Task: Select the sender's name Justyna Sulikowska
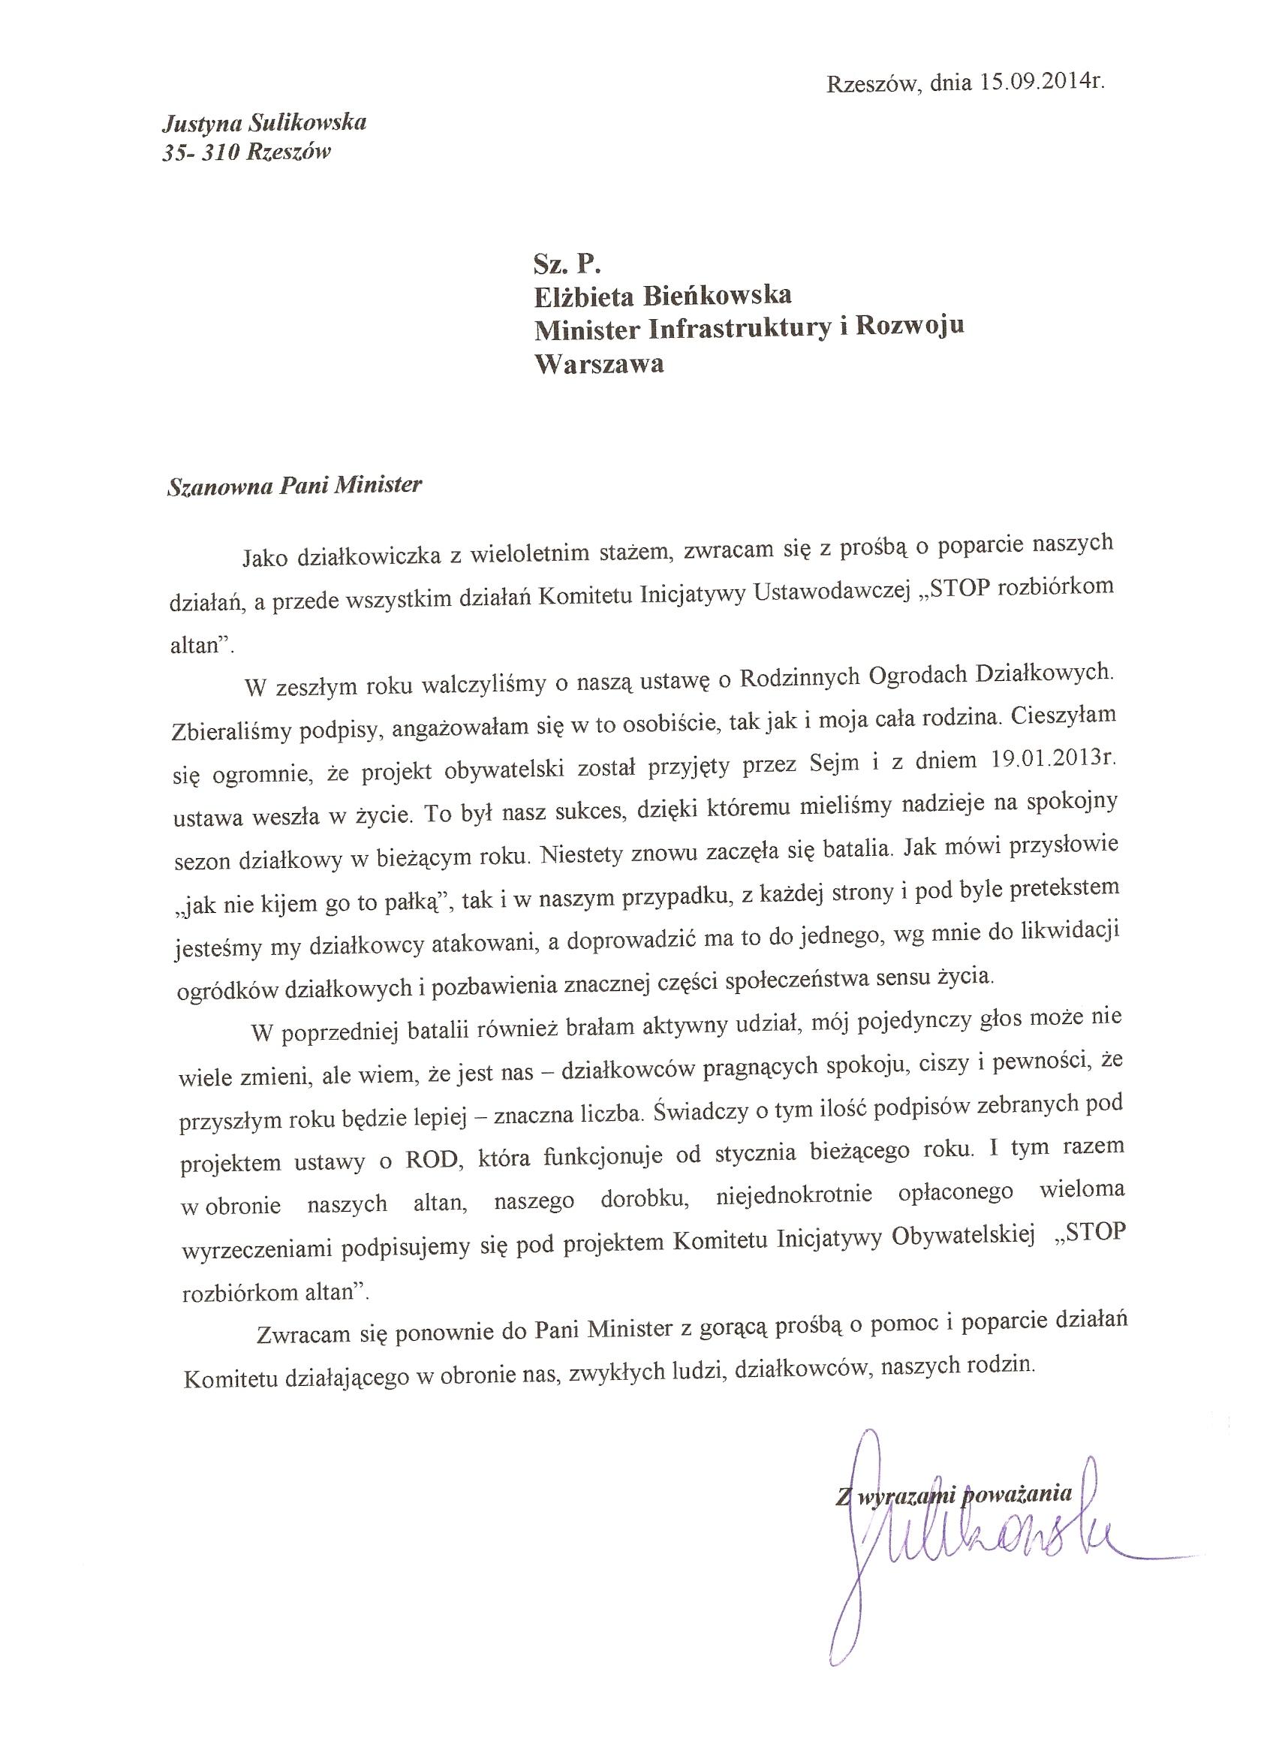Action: [263, 122]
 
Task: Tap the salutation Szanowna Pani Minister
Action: [295, 486]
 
